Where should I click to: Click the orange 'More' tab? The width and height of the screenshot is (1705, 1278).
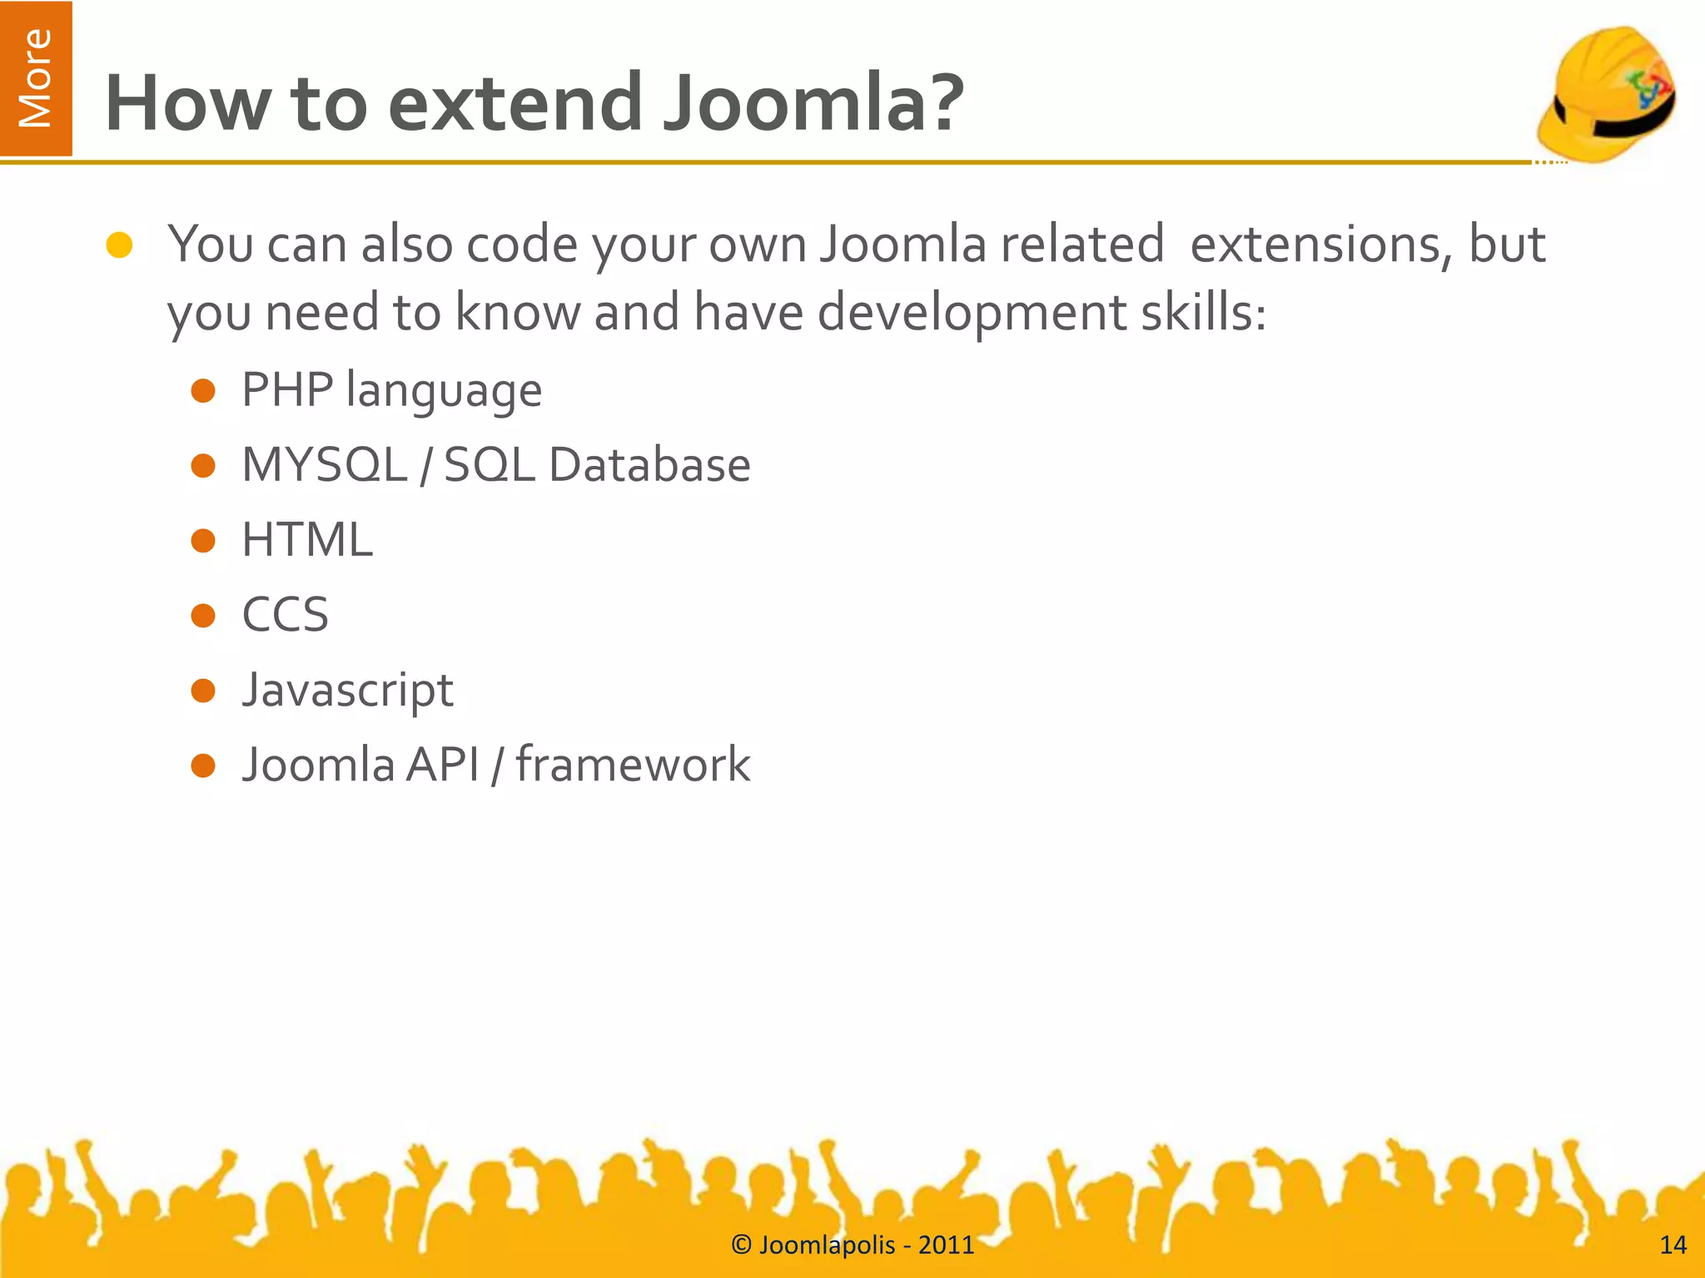pyautogui.click(x=36, y=78)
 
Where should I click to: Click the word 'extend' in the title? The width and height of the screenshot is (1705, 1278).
pyautogui.click(x=514, y=104)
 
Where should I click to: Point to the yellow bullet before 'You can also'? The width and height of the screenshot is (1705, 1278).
pyautogui.click(x=120, y=245)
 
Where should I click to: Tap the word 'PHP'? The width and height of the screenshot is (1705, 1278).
pyautogui.click(x=287, y=390)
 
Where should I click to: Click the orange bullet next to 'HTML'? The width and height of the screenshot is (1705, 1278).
pyautogui.click(x=203, y=541)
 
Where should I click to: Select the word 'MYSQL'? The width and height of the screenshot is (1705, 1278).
pyautogui.click(x=325, y=465)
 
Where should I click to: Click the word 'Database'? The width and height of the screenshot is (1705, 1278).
pyautogui.click(x=649, y=465)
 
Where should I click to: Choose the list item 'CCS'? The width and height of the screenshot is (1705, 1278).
pyautogui.click(x=285, y=616)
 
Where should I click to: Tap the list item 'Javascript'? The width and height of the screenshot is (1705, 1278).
pyautogui.click(x=347, y=691)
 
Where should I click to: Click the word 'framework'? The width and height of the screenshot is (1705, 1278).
pyautogui.click(x=633, y=765)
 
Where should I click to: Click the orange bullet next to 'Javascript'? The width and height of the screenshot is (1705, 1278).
pyautogui.click(x=203, y=691)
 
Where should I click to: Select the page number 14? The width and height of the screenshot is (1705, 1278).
pyautogui.click(x=1673, y=1245)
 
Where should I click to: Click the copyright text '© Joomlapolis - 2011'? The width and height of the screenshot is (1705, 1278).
pyautogui.click(x=852, y=1245)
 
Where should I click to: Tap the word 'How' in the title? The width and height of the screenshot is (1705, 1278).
pyautogui.click(x=188, y=104)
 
